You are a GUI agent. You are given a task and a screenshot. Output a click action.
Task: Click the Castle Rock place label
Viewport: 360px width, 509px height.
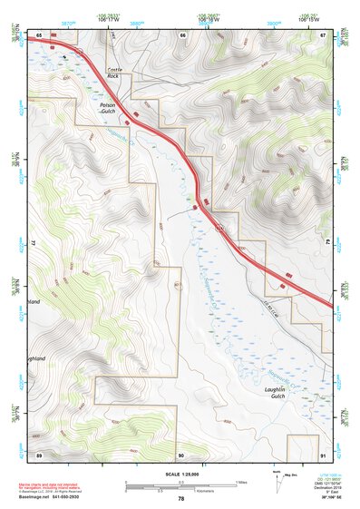coord(113,73)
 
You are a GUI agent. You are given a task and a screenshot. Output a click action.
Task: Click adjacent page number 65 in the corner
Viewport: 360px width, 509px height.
coord(40,34)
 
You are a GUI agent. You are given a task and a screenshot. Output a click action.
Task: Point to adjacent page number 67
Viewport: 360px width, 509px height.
coord(323,34)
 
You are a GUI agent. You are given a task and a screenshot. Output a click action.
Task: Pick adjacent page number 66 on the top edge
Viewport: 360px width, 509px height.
coord(182,34)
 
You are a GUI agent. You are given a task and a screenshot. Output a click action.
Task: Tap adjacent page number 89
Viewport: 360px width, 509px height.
coord(40,453)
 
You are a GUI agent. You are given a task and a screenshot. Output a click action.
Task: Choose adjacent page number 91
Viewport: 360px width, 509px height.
coord(323,453)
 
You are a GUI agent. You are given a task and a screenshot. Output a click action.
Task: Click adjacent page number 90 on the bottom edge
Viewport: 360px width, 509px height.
coord(181,453)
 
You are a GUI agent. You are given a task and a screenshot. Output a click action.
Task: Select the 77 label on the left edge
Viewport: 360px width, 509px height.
coord(32,243)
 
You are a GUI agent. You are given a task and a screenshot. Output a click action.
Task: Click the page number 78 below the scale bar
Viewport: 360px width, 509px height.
coord(180,498)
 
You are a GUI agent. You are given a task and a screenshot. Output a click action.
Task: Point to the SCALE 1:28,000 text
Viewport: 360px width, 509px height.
coord(180,475)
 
